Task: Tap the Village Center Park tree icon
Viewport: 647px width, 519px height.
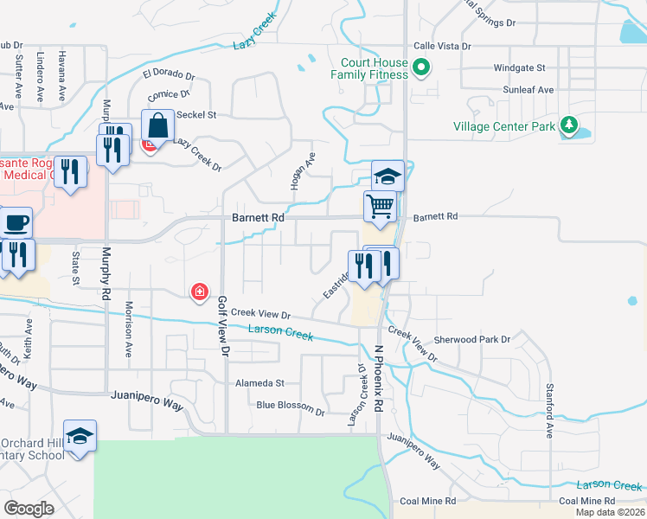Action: tap(568, 126)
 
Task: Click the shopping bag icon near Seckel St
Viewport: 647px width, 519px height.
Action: tap(158, 126)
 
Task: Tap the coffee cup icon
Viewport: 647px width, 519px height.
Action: tap(16, 222)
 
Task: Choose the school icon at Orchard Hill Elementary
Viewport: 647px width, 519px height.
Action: tap(80, 436)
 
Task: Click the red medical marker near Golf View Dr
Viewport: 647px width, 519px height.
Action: tap(200, 292)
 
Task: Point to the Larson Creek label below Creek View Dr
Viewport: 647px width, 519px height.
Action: tap(279, 331)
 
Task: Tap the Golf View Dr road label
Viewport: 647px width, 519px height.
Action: tap(223, 327)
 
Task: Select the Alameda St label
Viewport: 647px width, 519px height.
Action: tap(259, 382)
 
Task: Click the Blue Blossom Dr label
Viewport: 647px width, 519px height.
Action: tap(290, 405)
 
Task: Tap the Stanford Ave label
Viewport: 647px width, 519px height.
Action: tap(549, 409)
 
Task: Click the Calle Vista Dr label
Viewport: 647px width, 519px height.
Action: tap(442, 46)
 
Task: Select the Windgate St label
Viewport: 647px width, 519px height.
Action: tap(519, 67)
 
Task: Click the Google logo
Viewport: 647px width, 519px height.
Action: tap(29, 509)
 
